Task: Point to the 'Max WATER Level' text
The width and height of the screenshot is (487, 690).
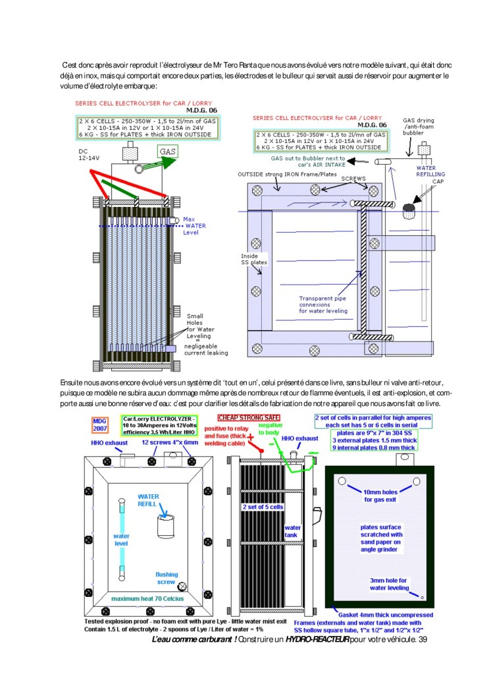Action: tap(194, 225)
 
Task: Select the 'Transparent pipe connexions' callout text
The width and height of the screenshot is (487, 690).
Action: tap(323, 304)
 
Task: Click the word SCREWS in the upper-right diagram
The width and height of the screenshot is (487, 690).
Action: tap(326, 177)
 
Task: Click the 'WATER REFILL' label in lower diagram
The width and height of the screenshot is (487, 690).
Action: tap(149, 500)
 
